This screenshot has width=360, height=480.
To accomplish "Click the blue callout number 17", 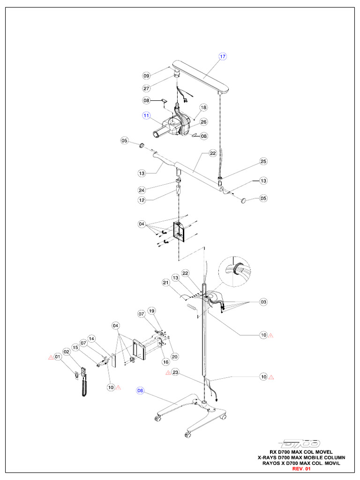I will (x=222, y=57).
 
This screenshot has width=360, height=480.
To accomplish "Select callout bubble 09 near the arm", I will (x=146, y=75).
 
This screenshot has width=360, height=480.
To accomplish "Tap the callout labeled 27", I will (x=146, y=88).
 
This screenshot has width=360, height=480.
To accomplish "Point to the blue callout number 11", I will (x=146, y=115).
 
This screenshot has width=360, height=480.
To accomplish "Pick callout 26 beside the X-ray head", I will (x=203, y=122).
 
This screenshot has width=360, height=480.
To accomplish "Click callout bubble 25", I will (x=263, y=162).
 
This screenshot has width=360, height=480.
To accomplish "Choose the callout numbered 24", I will (x=142, y=190).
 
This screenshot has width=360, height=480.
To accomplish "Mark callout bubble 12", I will (x=142, y=201).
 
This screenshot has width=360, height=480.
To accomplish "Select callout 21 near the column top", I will (x=165, y=283).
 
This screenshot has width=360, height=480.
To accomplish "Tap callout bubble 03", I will (x=263, y=302).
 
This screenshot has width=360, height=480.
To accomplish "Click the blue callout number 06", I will (x=140, y=390).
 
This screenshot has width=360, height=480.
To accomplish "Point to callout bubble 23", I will (x=175, y=373).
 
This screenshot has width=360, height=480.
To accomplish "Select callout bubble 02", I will (x=67, y=352).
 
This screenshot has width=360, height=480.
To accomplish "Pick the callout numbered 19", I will (x=151, y=311).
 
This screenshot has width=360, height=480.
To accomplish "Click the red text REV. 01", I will (x=301, y=469).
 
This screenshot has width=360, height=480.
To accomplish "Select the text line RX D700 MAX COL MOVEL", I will (x=301, y=452).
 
